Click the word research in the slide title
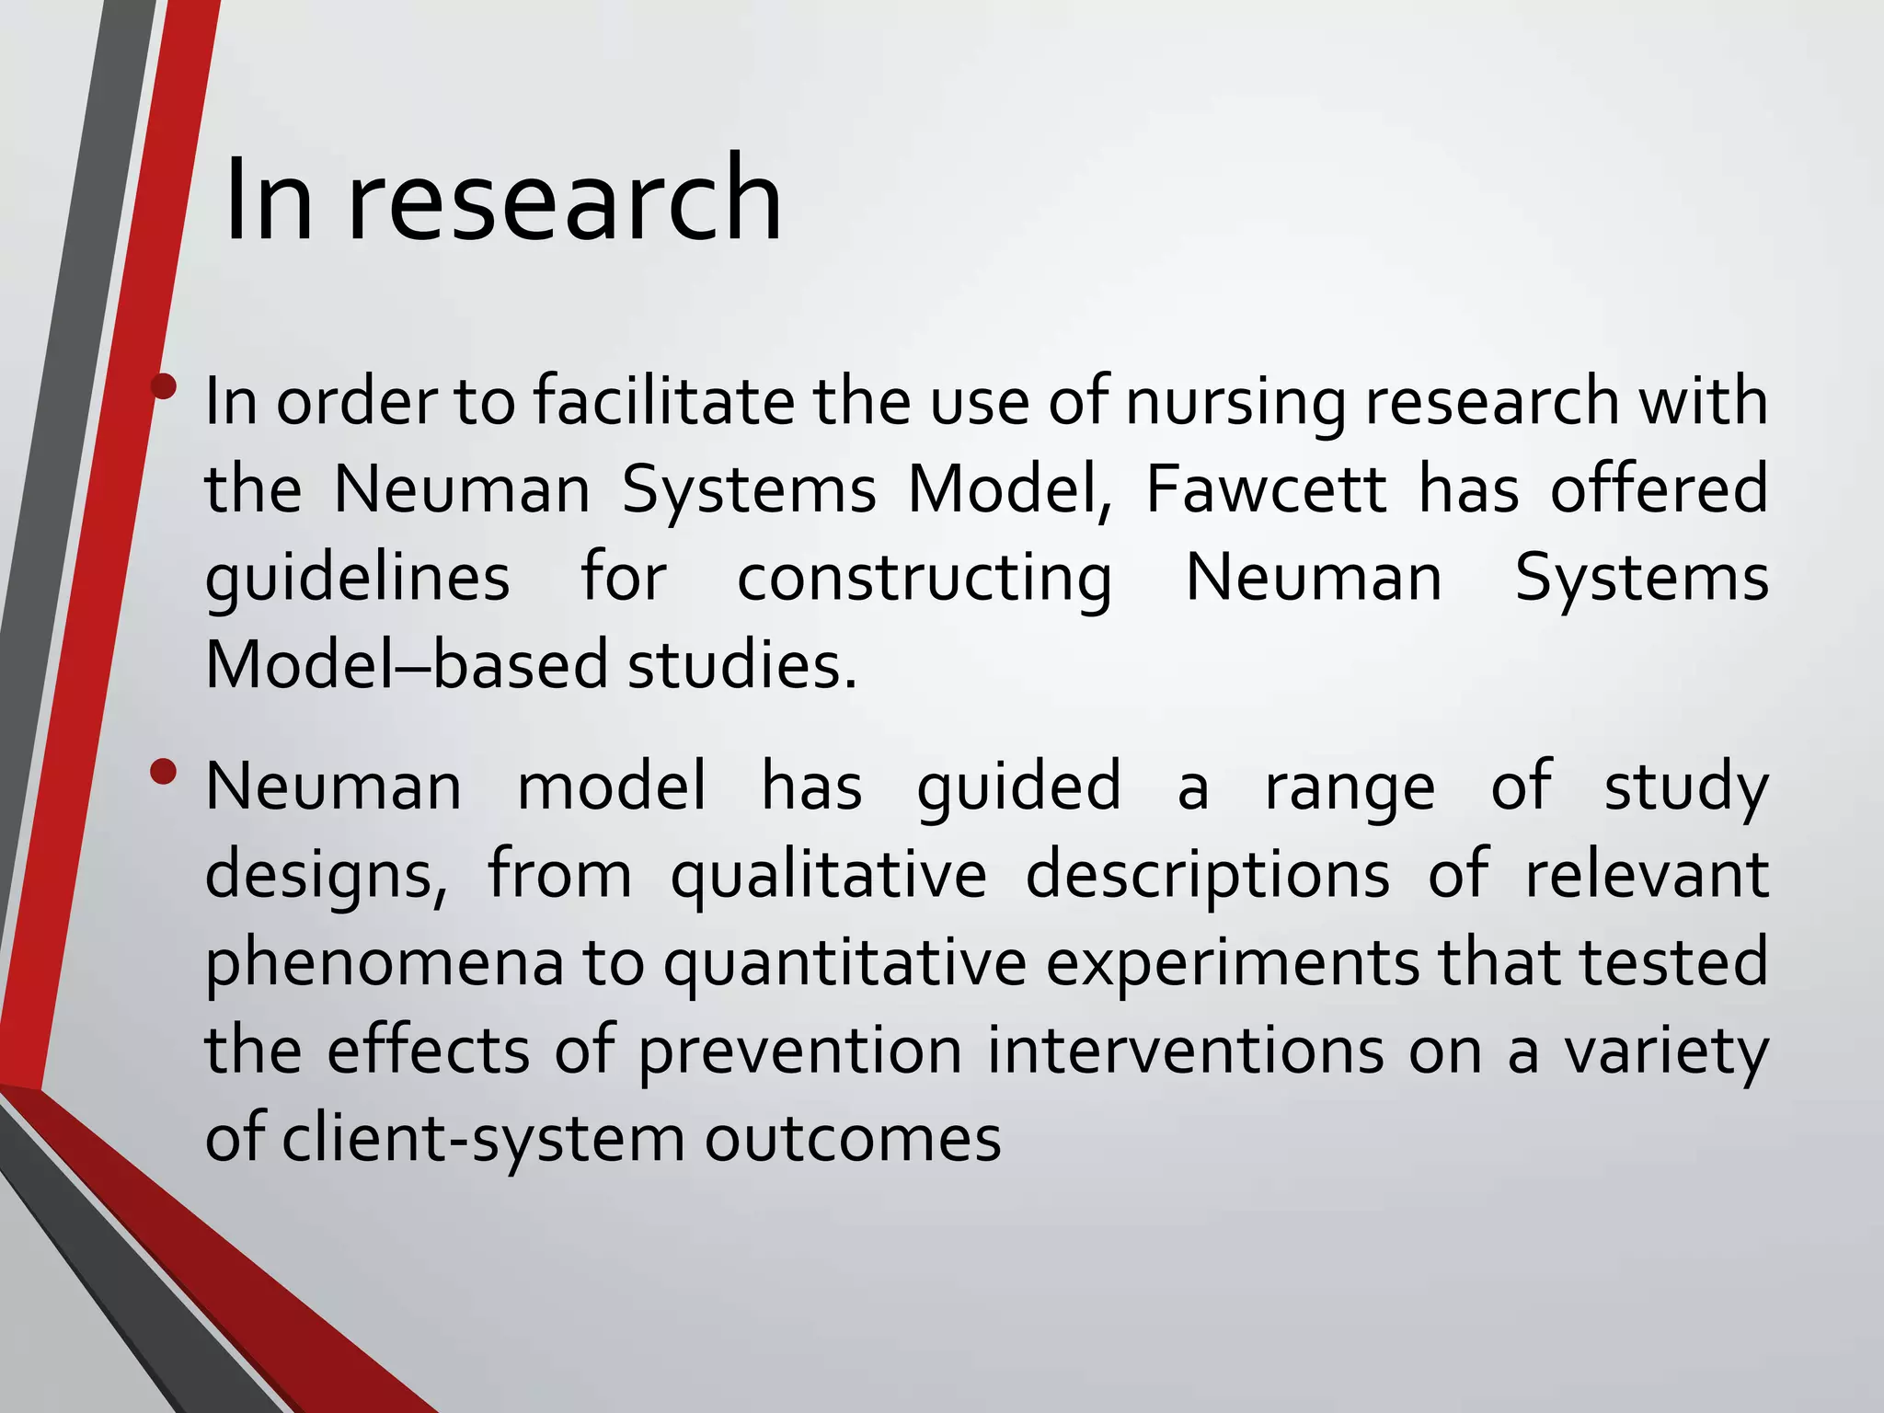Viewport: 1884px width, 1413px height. [564, 201]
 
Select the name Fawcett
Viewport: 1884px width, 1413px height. [1266, 489]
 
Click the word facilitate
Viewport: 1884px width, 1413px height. [662, 402]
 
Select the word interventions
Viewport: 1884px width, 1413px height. [1185, 1051]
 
